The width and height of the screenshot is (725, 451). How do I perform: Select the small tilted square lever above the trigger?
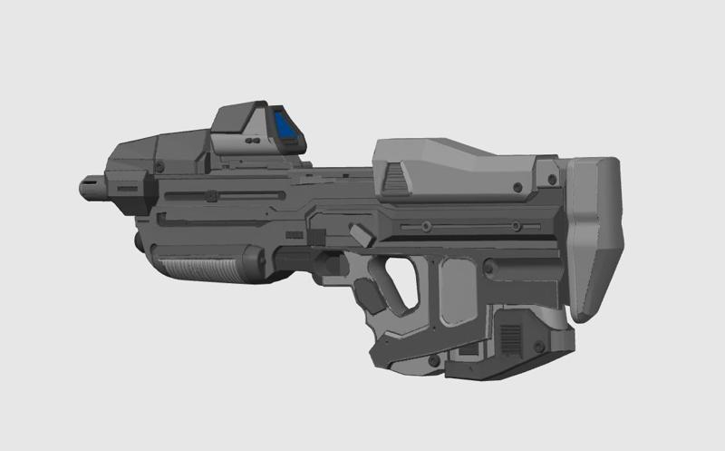click(362, 236)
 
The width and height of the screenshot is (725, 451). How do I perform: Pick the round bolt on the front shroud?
click(159, 168)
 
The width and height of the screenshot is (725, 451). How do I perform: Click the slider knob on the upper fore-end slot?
click(210, 195)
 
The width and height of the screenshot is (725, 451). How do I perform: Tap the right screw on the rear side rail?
click(513, 225)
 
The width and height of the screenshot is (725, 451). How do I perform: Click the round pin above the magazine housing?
click(488, 268)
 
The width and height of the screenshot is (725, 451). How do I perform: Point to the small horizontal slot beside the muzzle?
click(126, 188)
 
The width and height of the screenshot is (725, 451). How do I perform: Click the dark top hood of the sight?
click(237, 114)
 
